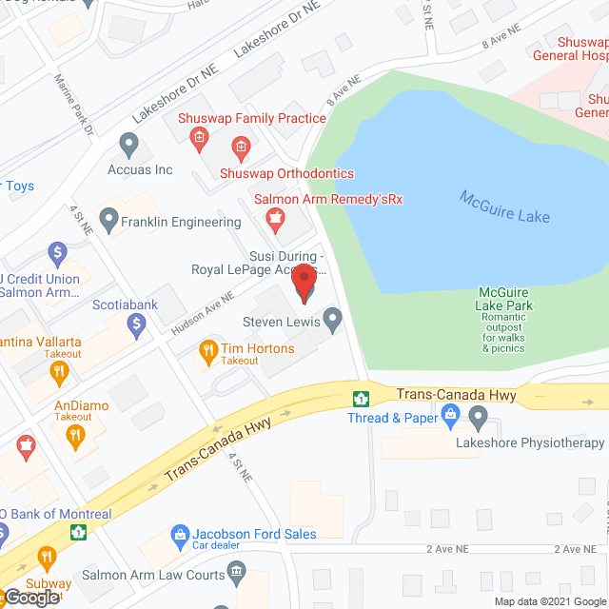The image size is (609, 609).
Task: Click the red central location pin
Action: click(304, 283)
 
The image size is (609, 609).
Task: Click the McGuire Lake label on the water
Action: click(504, 206)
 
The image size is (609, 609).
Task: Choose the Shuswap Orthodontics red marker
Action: click(241, 147)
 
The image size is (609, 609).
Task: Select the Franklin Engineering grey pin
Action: click(109, 222)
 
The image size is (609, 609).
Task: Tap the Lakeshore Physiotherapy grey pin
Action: click(478, 416)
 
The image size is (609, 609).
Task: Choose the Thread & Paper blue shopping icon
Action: click(450, 414)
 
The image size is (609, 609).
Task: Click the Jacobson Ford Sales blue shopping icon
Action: click(178, 537)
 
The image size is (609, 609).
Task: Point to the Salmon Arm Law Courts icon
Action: click(235, 574)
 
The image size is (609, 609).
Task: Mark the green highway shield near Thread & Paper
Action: click(361, 398)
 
